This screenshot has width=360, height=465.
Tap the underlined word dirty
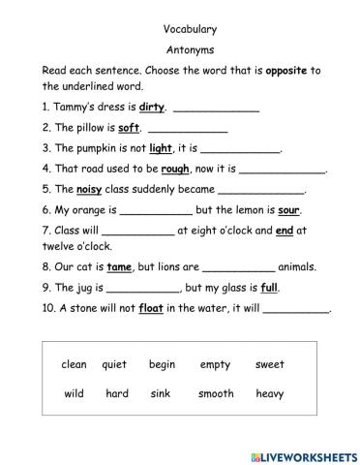click(152, 107)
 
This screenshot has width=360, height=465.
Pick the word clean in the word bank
click(74, 365)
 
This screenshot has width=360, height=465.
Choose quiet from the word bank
click(114, 365)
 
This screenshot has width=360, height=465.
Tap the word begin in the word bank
click(162, 365)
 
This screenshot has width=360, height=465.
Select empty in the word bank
click(215, 365)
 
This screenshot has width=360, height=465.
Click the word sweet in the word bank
click(270, 365)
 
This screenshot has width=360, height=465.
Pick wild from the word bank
click(74, 394)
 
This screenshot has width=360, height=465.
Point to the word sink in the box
click(161, 394)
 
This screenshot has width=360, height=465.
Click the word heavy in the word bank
click(270, 394)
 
